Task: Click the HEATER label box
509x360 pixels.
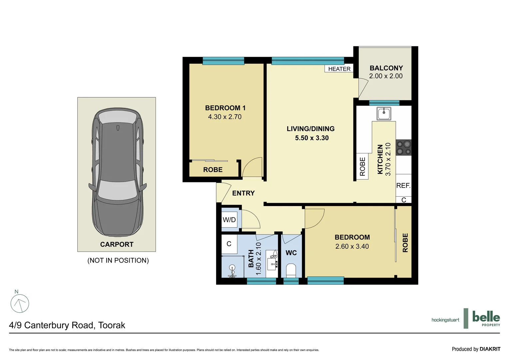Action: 339,69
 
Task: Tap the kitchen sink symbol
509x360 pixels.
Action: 384,113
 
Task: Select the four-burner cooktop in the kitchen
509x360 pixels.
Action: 403,148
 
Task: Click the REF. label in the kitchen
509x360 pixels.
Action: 403,186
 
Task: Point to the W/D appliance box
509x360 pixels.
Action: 229,220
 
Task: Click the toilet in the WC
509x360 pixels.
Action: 291,270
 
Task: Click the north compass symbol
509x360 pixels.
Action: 20,303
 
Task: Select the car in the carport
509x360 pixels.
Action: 117,173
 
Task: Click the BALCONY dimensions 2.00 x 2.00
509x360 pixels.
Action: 386,76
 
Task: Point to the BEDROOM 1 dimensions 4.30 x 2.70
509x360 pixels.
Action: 225,117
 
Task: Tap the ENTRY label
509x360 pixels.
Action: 243,193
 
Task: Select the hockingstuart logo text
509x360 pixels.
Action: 445,320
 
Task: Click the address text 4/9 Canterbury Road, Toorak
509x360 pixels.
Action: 67,325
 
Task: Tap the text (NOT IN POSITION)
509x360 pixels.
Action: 118,260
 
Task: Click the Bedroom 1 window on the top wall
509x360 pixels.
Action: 223,61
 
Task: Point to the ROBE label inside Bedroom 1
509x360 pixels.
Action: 213,170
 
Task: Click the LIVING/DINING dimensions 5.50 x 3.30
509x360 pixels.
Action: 311,138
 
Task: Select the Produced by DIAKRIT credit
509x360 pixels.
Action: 476,349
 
